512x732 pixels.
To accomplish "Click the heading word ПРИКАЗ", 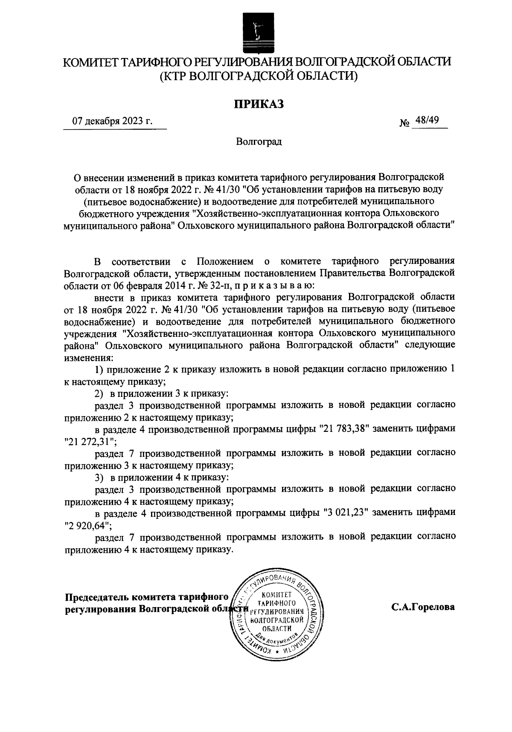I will click(258, 104).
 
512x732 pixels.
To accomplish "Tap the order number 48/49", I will click(428, 120).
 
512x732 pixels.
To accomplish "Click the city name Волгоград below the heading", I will click(259, 141).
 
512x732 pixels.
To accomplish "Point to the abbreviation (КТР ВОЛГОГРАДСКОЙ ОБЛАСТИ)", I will click(258, 76).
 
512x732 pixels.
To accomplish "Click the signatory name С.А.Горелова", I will click(423, 608).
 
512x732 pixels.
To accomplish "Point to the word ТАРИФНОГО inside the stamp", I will click(278, 603).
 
